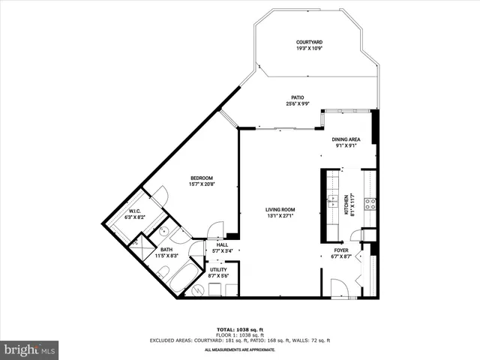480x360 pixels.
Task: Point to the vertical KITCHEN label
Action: pyautogui.click(x=346, y=204)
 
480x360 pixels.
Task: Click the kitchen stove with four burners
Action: pyautogui.click(x=369, y=202)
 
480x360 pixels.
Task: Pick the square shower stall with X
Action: pyautogui.click(x=139, y=244)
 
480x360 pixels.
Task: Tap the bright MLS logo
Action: pyautogui.click(x=30, y=349)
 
